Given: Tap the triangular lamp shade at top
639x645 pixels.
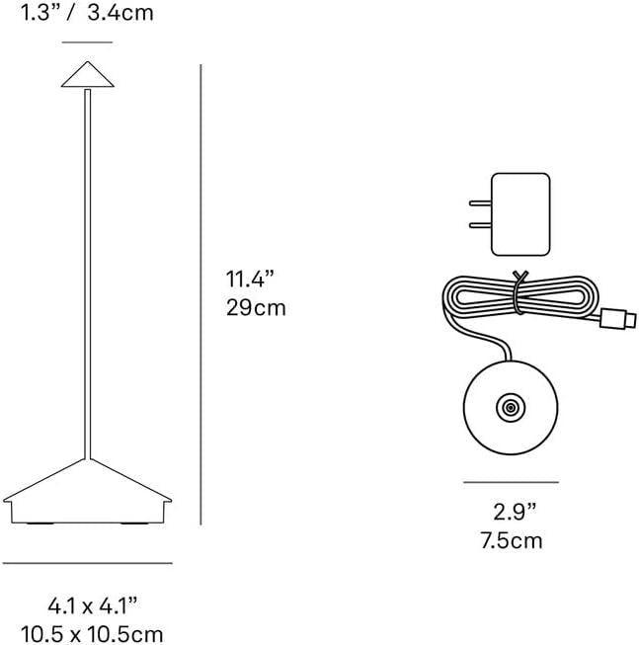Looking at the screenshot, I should pos(87,74).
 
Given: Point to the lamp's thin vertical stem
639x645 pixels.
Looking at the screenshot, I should pos(88,267).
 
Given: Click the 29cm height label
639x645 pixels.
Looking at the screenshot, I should pos(256,307).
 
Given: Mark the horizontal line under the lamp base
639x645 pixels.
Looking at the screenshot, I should pos(87,563).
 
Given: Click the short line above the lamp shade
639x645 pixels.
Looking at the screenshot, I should pos(87,42).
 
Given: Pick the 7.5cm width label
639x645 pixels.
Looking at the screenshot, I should pos(513,540).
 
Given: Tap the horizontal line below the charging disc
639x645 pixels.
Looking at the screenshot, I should pos(512,482).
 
